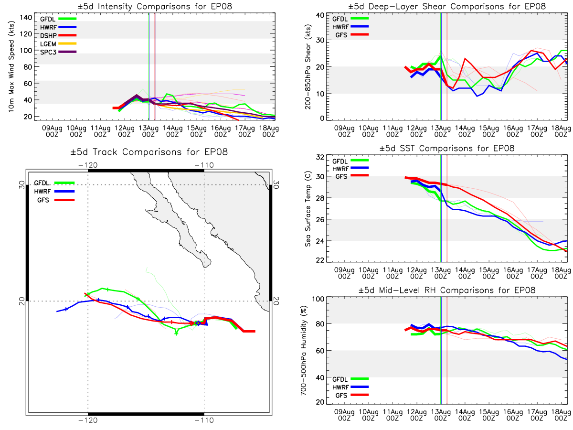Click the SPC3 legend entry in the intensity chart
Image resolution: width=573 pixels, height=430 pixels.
[58, 52]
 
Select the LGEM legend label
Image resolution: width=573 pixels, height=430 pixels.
[48, 44]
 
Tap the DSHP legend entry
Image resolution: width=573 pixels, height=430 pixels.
[58, 35]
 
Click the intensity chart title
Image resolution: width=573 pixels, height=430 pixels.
[155, 6]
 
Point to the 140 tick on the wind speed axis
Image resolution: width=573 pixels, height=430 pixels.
[26, 18]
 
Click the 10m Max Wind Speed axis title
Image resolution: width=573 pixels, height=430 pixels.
[11, 66]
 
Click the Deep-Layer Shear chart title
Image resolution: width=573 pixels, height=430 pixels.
[446, 6]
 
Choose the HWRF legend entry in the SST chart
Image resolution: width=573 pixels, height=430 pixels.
[350, 169]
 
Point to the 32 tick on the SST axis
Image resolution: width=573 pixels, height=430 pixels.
[320, 157]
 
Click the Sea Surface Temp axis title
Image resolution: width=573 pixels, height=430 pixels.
[308, 209]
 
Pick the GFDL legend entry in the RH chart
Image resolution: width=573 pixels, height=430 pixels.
[350, 379]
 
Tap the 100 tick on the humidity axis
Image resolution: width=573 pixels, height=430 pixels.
[318, 299]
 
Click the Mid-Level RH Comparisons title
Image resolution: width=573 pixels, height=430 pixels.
[446, 290]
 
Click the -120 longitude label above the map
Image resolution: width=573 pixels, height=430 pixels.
[88, 165]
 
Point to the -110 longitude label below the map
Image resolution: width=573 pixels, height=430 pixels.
[204, 420]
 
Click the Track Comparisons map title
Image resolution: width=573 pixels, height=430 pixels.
[149, 151]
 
